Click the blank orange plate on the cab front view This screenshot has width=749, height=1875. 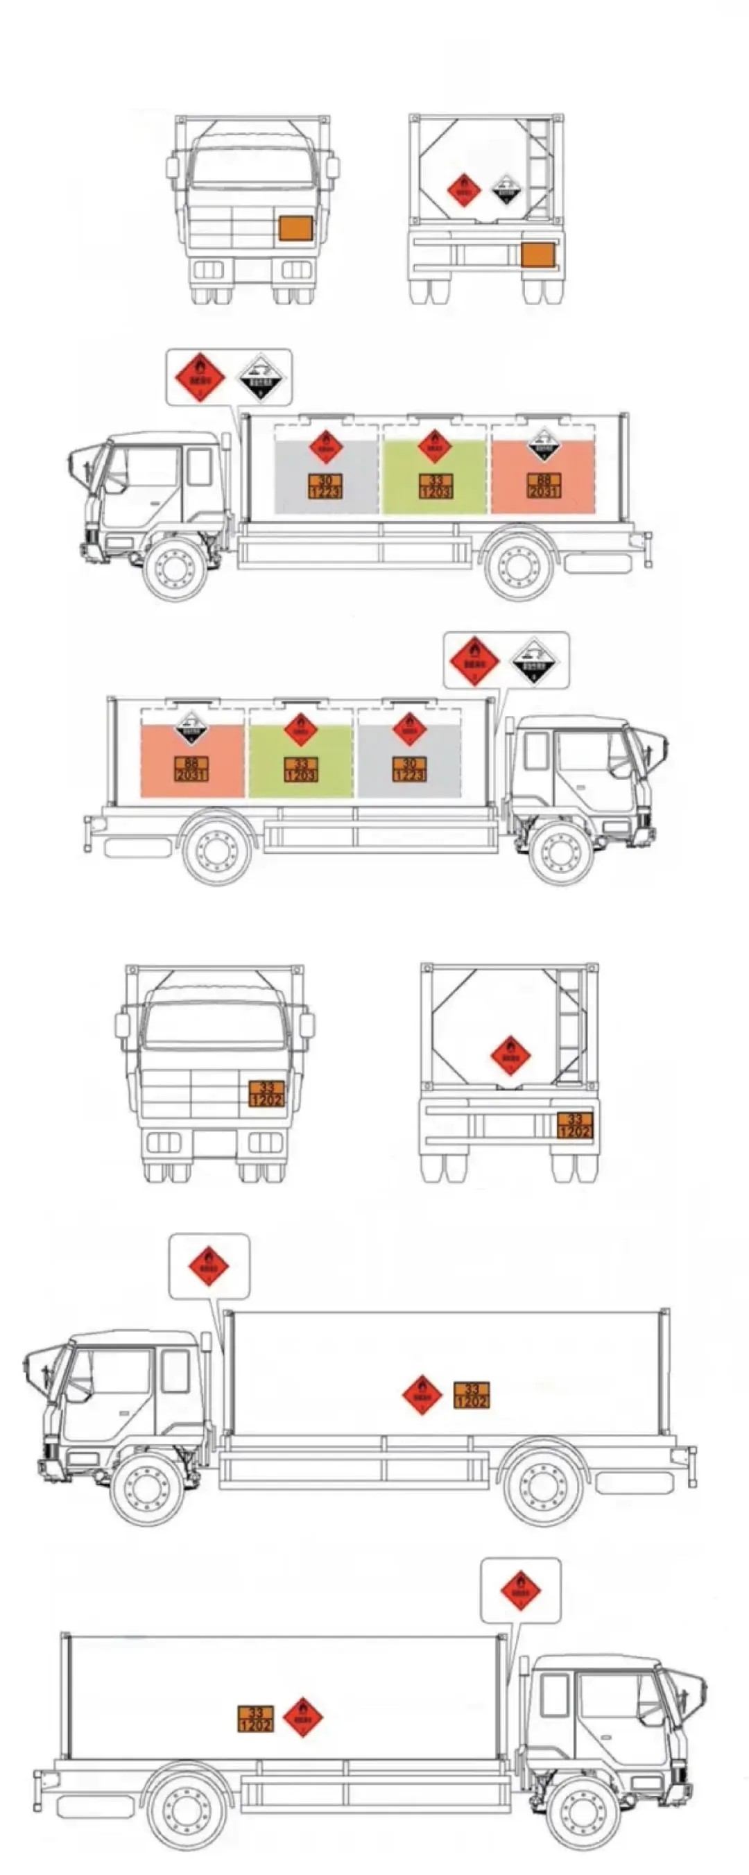[295, 228]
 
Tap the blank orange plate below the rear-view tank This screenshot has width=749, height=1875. [539, 255]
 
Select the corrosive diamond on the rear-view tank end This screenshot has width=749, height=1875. [506, 190]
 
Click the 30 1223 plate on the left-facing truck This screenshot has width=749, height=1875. [325, 486]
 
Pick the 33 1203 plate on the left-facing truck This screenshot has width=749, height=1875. [435, 486]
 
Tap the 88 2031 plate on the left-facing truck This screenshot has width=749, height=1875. [544, 486]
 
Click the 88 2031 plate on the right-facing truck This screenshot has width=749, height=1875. [191, 769]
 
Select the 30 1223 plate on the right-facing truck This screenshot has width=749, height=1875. [409, 769]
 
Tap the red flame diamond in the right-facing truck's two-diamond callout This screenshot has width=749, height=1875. [474, 661]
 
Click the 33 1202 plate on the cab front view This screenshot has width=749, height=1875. [266, 1094]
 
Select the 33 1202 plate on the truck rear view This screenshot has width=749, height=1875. [574, 1125]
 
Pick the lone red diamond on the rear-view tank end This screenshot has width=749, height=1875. [510, 1054]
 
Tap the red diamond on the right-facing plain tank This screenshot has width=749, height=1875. [303, 1717]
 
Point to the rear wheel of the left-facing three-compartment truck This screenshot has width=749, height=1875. [518, 565]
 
